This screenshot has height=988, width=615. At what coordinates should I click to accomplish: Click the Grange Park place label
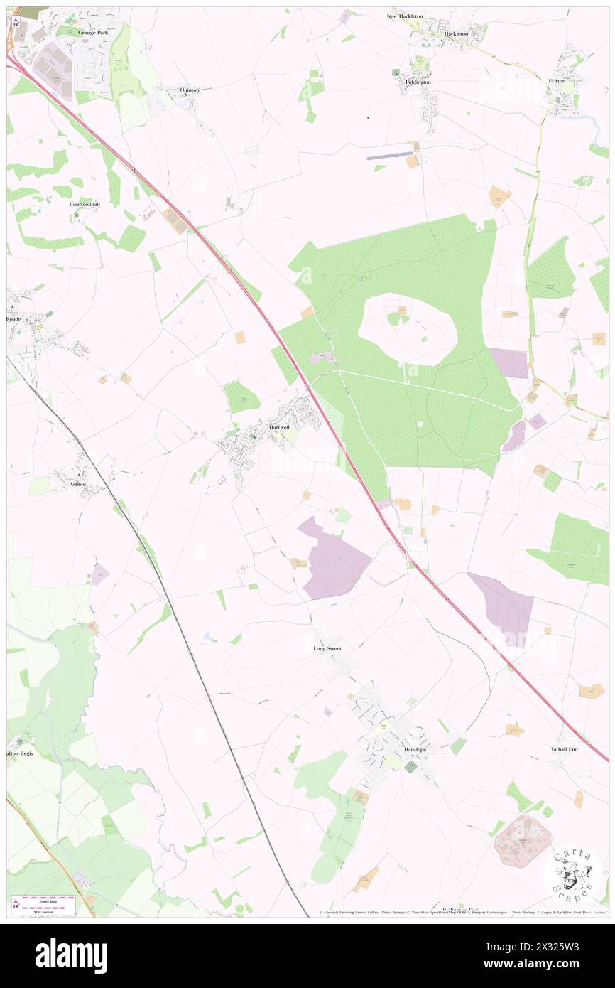[x=93, y=33]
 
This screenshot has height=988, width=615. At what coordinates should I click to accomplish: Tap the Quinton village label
[x=190, y=90]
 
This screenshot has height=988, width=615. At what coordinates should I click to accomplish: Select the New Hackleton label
[x=405, y=16]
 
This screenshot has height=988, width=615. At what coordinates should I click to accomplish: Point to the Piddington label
[x=418, y=82]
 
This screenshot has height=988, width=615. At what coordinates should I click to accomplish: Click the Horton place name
[x=557, y=81]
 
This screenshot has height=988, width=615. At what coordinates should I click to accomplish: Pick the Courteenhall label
[x=85, y=204]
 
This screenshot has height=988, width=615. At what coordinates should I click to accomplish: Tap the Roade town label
[x=14, y=319]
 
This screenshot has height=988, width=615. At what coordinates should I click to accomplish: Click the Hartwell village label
[x=280, y=427]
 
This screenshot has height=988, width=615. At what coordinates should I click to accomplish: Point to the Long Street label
[x=327, y=649]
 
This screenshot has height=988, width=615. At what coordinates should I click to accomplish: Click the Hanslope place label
[x=414, y=750]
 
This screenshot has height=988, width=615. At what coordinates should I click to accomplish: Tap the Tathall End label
[x=565, y=749]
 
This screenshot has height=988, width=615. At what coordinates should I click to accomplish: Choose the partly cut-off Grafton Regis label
[x=20, y=753]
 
